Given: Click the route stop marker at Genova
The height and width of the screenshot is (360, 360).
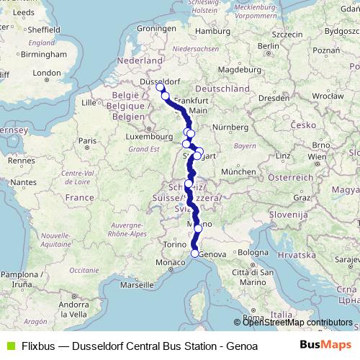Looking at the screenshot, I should click(194, 253).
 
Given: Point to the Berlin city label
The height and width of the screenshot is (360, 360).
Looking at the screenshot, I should click(267, 46).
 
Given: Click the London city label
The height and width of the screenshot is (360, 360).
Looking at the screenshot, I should click(47, 73).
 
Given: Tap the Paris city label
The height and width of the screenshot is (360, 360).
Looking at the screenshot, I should click(88, 141).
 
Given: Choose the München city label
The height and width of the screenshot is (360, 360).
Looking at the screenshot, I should click(238, 172).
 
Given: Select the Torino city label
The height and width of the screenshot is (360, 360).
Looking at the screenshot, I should click(174, 245).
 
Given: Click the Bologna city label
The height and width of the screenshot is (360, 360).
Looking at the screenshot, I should click(253, 253).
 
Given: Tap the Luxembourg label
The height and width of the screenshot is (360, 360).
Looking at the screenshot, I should click(145, 135).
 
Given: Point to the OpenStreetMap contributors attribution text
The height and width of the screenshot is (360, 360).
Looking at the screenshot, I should click(297, 322).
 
